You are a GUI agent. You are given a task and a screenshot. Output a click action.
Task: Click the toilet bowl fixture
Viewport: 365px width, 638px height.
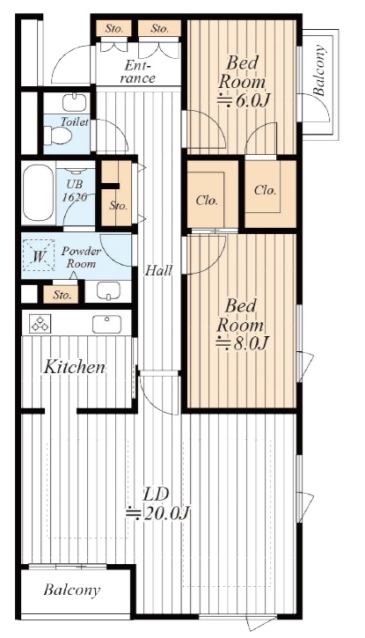58,135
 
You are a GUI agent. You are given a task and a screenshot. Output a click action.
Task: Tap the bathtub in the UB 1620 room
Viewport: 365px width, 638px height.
38,193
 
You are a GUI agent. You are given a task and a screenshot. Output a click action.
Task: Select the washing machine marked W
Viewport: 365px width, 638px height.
38,255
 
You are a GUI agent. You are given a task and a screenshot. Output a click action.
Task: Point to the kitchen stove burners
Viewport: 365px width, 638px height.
40,324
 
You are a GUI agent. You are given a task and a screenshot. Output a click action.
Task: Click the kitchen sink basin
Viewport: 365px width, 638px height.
106,324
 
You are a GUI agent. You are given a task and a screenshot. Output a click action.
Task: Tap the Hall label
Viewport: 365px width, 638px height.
159,270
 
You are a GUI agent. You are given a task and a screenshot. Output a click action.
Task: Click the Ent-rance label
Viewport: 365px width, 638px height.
138,71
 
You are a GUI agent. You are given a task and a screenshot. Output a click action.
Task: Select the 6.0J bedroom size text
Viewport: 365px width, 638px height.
244,100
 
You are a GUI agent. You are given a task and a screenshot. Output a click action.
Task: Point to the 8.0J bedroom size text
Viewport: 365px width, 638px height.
242,344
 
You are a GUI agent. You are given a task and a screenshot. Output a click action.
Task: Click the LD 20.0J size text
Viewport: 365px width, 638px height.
157,514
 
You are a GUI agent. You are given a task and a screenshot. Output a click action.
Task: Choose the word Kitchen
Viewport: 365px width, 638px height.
75,367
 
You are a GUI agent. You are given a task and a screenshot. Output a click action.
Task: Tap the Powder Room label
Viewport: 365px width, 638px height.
81,257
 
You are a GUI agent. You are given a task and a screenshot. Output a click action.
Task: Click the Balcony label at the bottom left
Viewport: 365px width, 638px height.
72,590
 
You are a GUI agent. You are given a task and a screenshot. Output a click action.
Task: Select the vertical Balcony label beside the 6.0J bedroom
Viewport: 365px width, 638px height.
320,70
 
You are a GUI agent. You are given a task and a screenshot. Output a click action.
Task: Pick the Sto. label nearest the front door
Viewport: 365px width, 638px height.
114,28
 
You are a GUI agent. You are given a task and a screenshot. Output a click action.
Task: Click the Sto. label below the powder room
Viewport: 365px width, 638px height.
62,295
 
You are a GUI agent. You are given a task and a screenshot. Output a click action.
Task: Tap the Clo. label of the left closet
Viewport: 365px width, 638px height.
207,200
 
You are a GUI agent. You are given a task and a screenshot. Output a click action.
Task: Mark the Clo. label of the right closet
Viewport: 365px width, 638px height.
266,190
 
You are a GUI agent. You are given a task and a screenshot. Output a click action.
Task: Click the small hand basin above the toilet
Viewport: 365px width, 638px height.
75,103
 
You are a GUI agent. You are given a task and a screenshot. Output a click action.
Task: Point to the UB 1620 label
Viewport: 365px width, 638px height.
75,190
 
